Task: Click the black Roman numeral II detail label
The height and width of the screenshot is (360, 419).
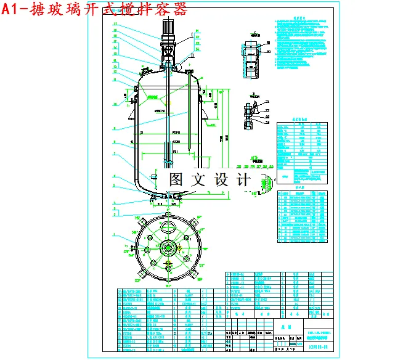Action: point(192,56)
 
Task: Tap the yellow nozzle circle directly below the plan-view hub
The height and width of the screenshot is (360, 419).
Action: point(168,267)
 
